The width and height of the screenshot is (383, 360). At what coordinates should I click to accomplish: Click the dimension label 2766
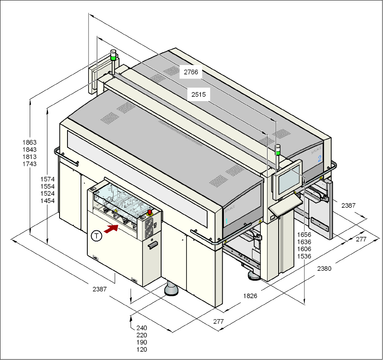(x=191, y=72)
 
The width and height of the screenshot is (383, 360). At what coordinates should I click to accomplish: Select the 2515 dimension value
(x=198, y=95)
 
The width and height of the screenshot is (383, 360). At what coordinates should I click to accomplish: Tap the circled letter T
(x=96, y=236)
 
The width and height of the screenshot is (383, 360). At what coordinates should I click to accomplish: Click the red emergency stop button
(x=150, y=212)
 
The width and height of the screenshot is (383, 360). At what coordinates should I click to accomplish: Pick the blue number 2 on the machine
(x=319, y=159)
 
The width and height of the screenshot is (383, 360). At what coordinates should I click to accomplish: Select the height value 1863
(x=30, y=142)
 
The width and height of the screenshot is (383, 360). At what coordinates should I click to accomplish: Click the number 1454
(x=48, y=201)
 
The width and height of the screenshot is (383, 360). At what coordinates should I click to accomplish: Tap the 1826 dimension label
(x=250, y=296)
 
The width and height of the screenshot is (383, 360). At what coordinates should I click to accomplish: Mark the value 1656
(x=304, y=235)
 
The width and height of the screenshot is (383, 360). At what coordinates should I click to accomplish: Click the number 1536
(x=304, y=257)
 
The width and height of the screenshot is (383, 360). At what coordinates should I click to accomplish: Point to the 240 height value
(x=142, y=328)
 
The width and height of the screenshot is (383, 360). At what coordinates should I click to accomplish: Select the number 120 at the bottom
(x=142, y=350)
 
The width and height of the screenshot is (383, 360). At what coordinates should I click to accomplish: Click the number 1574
(x=48, y=179)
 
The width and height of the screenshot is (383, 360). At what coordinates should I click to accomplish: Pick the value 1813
(x=30, y=157)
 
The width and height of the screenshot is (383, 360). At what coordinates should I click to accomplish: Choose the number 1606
(x=304, y=249)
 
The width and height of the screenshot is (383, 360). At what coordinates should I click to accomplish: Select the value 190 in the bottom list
(x=142, y=343)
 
